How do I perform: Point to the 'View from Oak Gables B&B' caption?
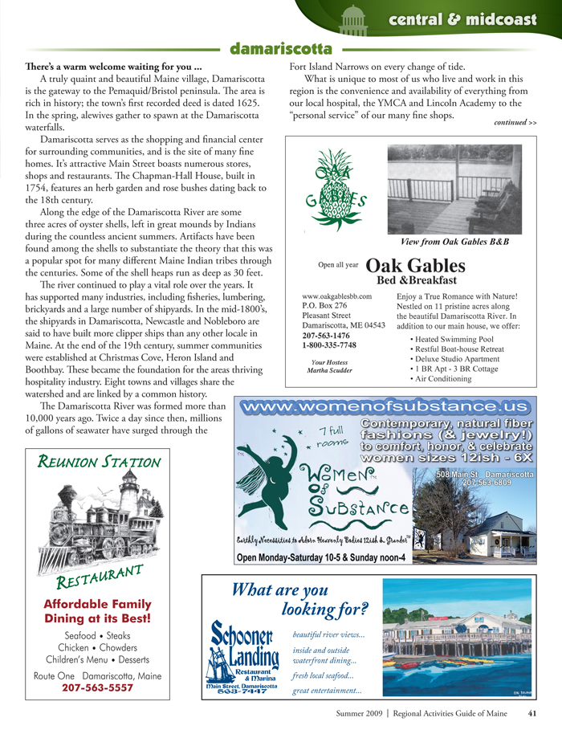(454, 242)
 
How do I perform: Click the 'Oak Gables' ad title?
(415, 266)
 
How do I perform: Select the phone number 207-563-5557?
(97, 687)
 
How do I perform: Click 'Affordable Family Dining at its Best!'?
(97, 611)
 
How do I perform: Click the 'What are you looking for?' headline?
(299, 598)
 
